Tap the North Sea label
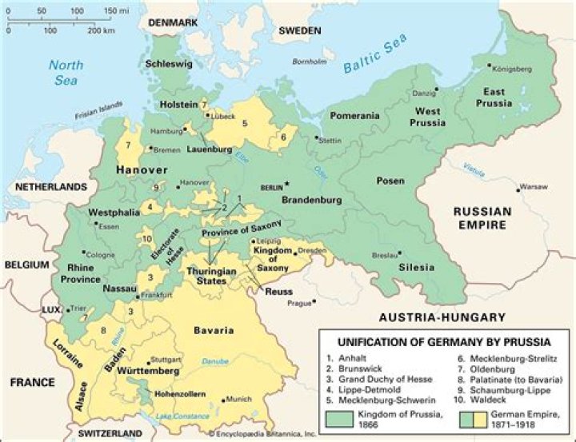click(66, 73)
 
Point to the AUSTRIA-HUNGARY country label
click(442, 317)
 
